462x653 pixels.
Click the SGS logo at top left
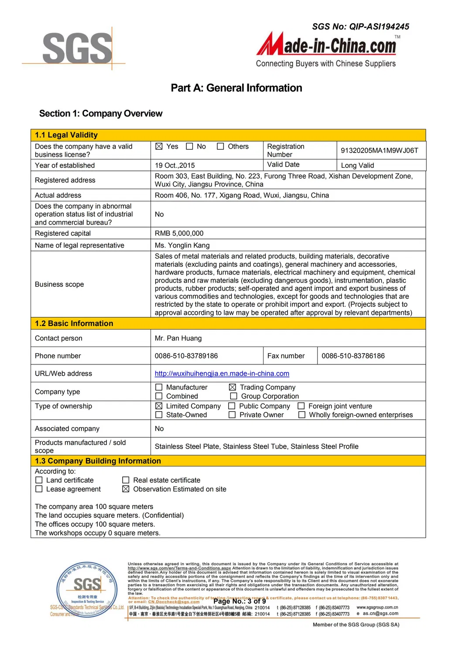point(77,48)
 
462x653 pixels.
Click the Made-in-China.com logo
point(327,46)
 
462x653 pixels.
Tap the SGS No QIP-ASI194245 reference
point(360,27)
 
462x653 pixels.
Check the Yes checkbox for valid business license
point(159,146)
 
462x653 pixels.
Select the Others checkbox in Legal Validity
point(221,146)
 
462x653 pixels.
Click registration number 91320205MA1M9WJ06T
point(379,150)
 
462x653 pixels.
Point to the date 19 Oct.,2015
point(175,165)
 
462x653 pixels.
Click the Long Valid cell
point(357,165)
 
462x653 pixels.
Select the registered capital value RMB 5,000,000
point(179,233)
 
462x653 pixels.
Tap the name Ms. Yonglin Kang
point(182,245)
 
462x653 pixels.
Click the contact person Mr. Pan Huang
point(178,338)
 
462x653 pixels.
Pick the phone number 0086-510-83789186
point(186,356)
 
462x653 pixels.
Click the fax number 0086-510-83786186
point(353,356)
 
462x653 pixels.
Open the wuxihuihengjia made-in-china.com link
point(222,374)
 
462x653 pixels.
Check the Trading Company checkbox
point(233,387)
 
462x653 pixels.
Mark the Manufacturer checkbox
point(159,387)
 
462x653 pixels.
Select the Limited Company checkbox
point(159,406)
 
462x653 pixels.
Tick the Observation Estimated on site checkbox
point(126,489)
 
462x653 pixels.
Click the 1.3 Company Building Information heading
point(98,461)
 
